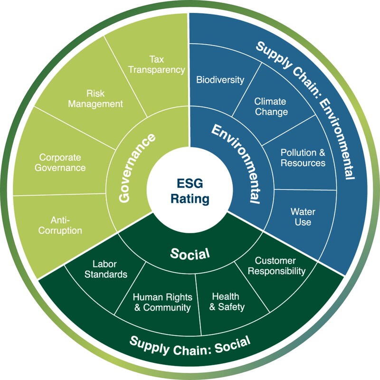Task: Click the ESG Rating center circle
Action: coord(190,190)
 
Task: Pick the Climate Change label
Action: coord(270,106)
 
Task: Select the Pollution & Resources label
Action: coord(303,158)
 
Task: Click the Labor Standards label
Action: coord(110,269)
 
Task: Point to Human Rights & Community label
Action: coord(162,302)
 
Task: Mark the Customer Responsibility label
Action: coord(279,266)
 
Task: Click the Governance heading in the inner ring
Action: coord(131,168)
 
